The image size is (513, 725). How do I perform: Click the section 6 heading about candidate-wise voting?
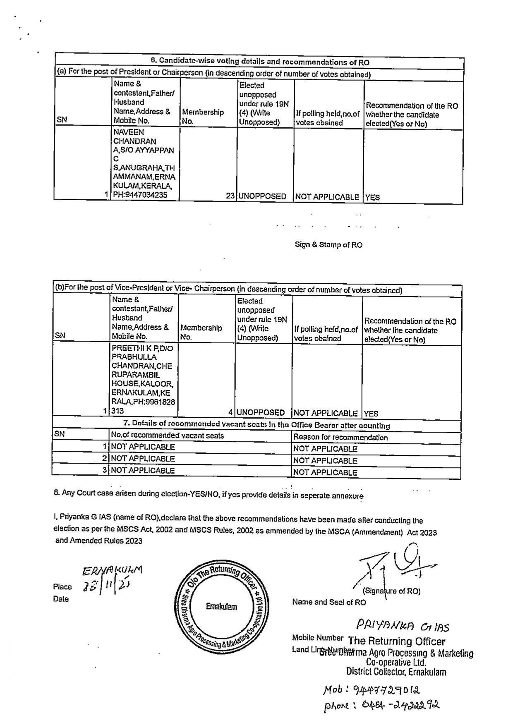point(259,62)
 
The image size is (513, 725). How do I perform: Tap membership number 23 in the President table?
point(230,196)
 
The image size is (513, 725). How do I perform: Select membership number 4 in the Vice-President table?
point(230,412)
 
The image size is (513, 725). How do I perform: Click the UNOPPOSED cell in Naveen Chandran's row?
point(262,196)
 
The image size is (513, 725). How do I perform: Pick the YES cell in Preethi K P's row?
point(371,413)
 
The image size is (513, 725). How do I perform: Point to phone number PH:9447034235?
point(140,195)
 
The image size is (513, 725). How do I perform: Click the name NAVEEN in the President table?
point(129,132)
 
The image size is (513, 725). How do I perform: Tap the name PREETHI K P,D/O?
point(142,348)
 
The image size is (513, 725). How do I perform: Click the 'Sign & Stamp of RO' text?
point(328,245)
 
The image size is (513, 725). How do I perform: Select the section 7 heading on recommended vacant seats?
point(256,425)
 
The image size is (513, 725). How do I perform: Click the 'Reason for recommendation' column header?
point(340,437)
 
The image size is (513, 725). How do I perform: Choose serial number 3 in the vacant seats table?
point(105,470)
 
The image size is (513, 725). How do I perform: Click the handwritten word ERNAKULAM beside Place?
point(112,571)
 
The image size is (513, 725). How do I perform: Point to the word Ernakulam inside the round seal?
point(222,607)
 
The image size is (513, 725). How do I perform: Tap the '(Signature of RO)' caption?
point(391,591)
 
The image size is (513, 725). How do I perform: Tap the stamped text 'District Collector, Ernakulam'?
point(396,672)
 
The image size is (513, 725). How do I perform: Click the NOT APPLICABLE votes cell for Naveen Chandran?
point(327,197)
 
